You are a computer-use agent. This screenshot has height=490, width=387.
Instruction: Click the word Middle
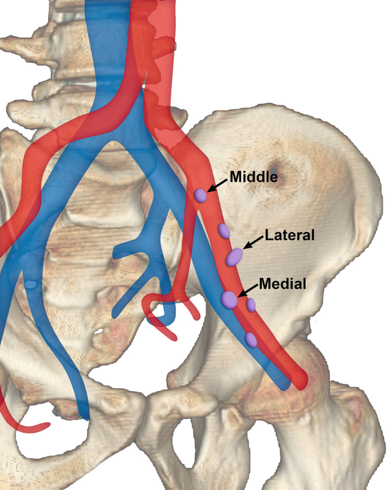(x=254, y=177)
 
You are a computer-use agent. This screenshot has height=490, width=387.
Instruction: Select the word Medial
(x=282, y=284)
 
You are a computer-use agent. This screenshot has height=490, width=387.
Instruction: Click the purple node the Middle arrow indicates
(x=201, y=196)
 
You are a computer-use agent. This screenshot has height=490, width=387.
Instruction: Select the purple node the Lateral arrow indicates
(x=234, y=257)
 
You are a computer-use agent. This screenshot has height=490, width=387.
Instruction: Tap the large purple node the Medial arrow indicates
(x=229, y=300)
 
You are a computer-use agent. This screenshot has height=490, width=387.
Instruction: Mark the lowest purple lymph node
(x=251, y=340)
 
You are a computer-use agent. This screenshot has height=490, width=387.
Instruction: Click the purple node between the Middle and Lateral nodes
(x=224, y=231)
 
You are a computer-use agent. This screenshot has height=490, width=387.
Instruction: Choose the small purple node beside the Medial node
(x=251, y=305)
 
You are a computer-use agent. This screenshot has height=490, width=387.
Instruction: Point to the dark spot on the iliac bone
(x=275, y=167)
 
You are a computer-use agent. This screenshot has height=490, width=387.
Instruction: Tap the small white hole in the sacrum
(x=99, y=330)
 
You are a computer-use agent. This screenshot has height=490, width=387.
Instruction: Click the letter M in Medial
(x=264, y=284)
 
